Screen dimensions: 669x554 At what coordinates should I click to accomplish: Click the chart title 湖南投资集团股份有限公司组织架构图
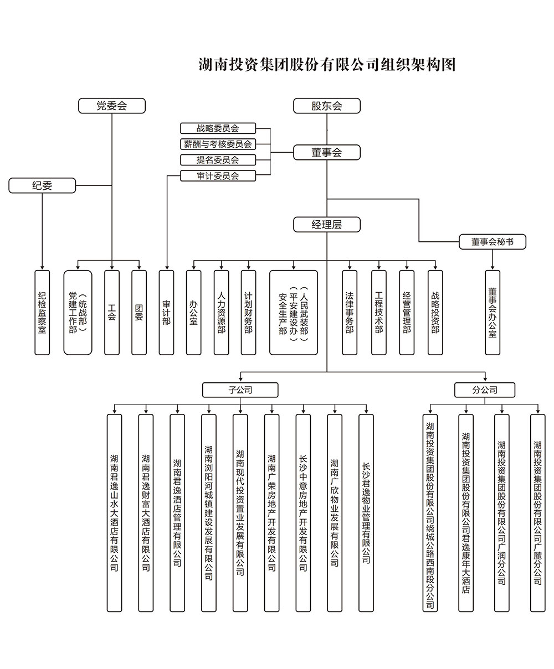click(327, 65)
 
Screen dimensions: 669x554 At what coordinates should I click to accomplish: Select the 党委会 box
click(112, 106)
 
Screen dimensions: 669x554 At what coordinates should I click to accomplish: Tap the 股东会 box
click(327, 106)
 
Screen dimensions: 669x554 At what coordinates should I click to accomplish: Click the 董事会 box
click(327, 152)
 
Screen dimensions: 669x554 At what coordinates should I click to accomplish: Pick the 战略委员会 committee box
click(218, 128)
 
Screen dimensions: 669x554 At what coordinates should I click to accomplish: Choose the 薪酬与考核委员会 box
click(218, 144)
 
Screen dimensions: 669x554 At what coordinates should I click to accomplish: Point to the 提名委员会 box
click(218, 160)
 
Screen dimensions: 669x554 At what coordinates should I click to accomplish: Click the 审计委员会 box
click(218, 176)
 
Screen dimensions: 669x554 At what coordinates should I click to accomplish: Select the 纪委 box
click(42, 185)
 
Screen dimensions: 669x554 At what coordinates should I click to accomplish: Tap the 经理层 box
click(327, 224)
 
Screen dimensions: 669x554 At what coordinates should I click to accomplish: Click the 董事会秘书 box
click(493, 242)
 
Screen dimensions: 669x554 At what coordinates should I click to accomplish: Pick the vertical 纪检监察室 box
click(42, 312)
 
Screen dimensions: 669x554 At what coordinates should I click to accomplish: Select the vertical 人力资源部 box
click(222, 312)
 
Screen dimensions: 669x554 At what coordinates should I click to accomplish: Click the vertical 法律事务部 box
click(350, 312)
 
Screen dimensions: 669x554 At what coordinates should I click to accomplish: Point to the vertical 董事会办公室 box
click(493, 312)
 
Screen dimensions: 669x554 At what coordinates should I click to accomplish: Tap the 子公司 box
click(240, 390)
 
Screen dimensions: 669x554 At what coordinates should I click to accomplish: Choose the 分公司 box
click(485, 390)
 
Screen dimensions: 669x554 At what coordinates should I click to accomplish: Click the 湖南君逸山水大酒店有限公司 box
click(114, 512)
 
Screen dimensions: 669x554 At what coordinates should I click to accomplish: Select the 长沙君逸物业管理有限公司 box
click(366, 512)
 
